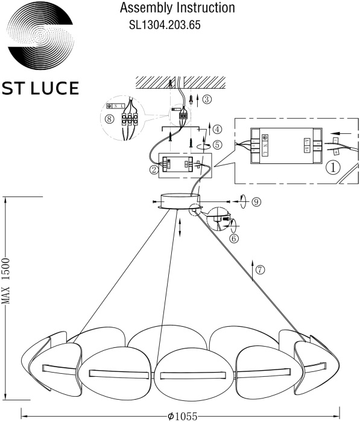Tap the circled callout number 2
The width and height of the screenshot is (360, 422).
[x=154, y=170]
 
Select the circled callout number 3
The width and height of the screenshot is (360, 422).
[x=207, y=99]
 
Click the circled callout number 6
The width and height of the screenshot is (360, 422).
[x=234, y=238]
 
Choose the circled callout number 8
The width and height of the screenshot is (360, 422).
[x=109, y=119]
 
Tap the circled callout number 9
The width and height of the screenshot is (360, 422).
[x=256, y=202]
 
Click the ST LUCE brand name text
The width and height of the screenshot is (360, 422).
[x=41, y=89]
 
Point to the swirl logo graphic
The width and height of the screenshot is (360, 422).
[x=41, y=37]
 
